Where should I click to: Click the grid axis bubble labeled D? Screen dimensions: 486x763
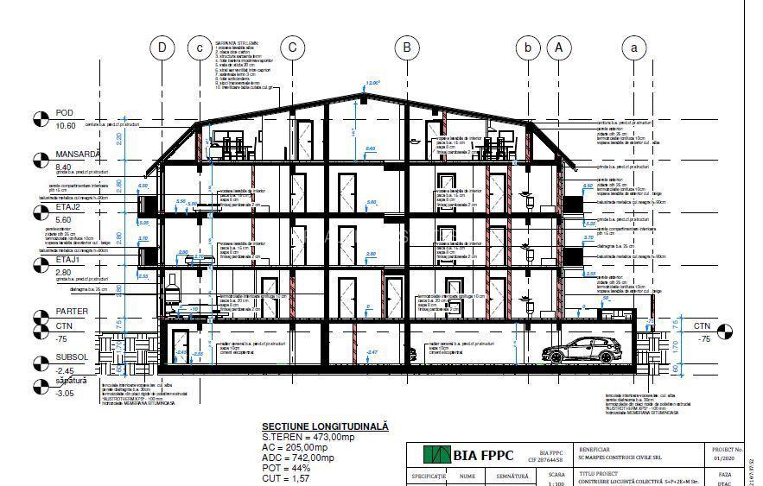(161, 47)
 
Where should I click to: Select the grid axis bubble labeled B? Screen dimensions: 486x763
(407, 47)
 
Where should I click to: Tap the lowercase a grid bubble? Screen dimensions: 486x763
(635, 47)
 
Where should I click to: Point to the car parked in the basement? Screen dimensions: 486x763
(580, 350)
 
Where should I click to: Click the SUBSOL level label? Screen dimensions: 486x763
(72, 356)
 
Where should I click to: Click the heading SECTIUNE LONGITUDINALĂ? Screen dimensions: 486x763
(325, 426)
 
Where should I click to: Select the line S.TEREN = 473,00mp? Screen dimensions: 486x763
(313, 437)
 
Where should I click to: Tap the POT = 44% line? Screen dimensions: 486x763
(286, 468)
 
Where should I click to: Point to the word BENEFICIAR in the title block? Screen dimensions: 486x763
(595, 450)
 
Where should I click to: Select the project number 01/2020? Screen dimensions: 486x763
(725, 459)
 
